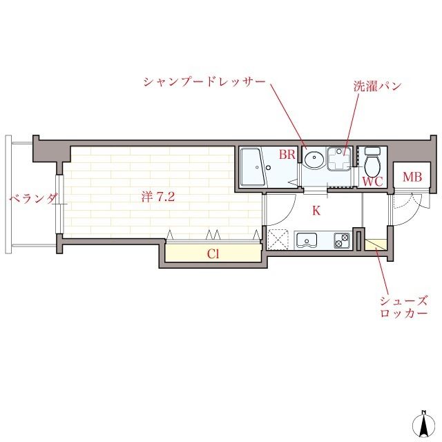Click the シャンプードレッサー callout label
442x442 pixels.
(205, 81)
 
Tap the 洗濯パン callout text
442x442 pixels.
(377, 87)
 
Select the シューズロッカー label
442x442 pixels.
(403, 307)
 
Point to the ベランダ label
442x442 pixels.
(32, 199)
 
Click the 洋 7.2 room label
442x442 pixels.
(158, 197)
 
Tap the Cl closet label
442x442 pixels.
(214, 253)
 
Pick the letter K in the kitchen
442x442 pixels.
(316, 211)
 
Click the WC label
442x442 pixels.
(372, 182)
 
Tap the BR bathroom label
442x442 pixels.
(287, 155)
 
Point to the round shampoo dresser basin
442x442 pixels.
(314, 159)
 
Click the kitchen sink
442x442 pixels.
(306, 241)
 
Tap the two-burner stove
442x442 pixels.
(342, 241)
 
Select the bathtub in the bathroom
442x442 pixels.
(254, 166)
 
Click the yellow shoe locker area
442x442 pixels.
(376, 244)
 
